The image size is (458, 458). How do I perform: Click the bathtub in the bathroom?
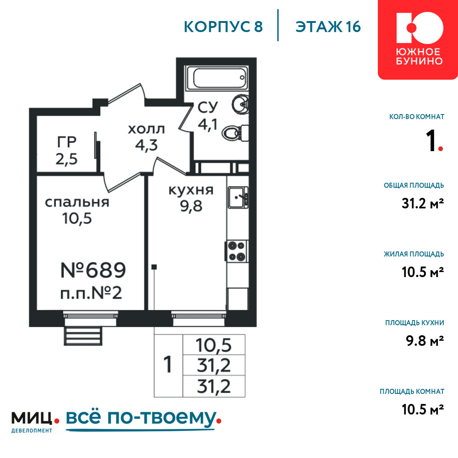[217, 78]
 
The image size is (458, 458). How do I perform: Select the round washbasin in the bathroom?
[240, 104]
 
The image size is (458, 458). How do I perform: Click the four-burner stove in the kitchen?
[237, 251]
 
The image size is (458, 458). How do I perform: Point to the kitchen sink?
[238, 197]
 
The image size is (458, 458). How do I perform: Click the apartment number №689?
[93, 270]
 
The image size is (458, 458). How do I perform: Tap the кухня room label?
[191, 191]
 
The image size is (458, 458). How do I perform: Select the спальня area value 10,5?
[77, 218]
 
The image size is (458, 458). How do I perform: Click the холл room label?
[147, 129]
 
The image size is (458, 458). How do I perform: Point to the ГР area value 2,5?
[66, 159]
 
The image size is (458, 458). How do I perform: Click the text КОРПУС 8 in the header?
[224, 27]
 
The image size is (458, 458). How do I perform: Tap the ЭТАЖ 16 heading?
[328, 27]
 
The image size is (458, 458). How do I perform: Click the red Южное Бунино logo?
[418, 39]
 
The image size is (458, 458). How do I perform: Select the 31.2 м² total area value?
[423, 203]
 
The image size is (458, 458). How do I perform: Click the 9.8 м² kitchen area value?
[425, 341]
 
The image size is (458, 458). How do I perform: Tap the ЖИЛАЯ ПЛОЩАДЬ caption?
[414, 254]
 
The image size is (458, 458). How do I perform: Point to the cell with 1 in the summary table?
[168, 365]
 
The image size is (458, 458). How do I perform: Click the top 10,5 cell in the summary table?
[214, 345]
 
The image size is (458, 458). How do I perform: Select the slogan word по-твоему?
[163, 418]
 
